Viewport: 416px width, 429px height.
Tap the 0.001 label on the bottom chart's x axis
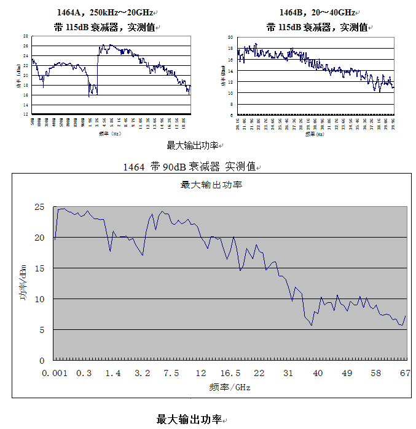[54, 374]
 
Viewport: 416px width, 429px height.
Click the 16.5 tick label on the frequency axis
[230, 374]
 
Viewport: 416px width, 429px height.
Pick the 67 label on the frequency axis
[405, 374]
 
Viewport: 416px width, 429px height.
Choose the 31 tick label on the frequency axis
[289, 374]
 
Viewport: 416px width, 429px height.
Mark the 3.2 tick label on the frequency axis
[143, 374]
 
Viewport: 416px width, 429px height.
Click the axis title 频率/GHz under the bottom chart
[230, 387]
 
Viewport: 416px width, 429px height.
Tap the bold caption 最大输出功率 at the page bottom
[189, 419]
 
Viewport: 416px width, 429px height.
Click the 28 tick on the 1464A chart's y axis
[26, 37]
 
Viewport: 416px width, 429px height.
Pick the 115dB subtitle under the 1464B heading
[317, 27]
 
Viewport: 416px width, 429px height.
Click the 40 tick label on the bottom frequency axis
[318, 374]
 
